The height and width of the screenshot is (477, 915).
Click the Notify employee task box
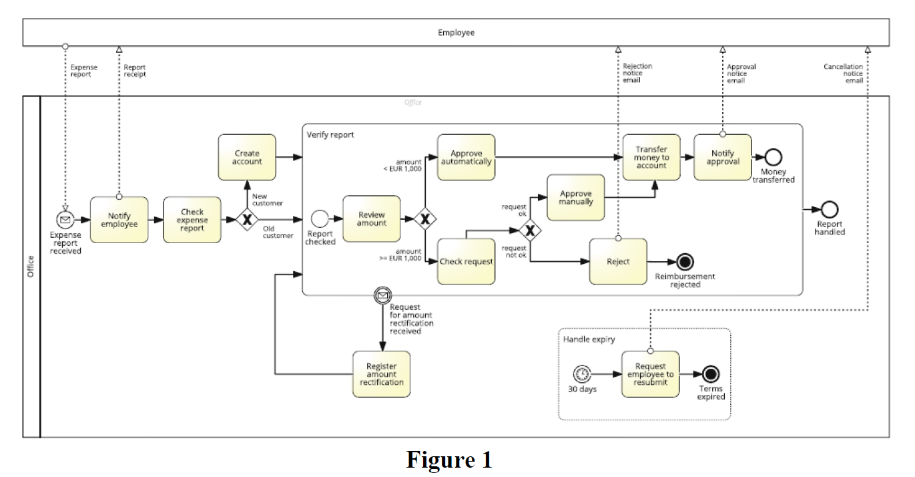pos(119,220)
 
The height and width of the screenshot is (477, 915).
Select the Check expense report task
pos(192,220)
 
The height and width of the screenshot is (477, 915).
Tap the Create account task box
pos(247,157)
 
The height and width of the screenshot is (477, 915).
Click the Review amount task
pos(372,218)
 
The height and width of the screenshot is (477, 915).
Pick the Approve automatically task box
pos(467,157)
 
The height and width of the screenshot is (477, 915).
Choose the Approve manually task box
pos(575,197)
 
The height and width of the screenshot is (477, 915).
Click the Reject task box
pos(618,261)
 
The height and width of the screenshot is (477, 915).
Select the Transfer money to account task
pos(651,157)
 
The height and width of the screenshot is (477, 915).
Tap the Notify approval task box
pos(723,157)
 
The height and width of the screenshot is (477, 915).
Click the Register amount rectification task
pos(382,374)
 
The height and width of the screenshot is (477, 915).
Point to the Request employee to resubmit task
pos(651,374)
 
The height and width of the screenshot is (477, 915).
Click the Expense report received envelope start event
pos(65,219)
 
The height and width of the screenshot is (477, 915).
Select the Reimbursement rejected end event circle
pos(685,261)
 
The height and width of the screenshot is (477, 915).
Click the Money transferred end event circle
pos(773,157)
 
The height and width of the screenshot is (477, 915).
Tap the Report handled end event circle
pos(830,209)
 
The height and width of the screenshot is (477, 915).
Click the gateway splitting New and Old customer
pos(247,219)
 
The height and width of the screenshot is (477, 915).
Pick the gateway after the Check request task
pos(530,230)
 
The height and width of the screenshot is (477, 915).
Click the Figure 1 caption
pos(449,460)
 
